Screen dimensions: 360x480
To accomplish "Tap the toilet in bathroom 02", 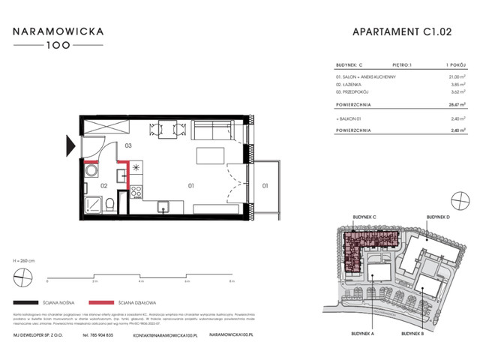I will [x=109, y=203].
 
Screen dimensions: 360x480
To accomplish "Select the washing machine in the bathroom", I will [x=91, y=172].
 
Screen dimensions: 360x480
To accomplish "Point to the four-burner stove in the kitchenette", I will [x=137, y=192].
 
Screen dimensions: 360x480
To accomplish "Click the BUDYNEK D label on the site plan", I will [x=438, y=216].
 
